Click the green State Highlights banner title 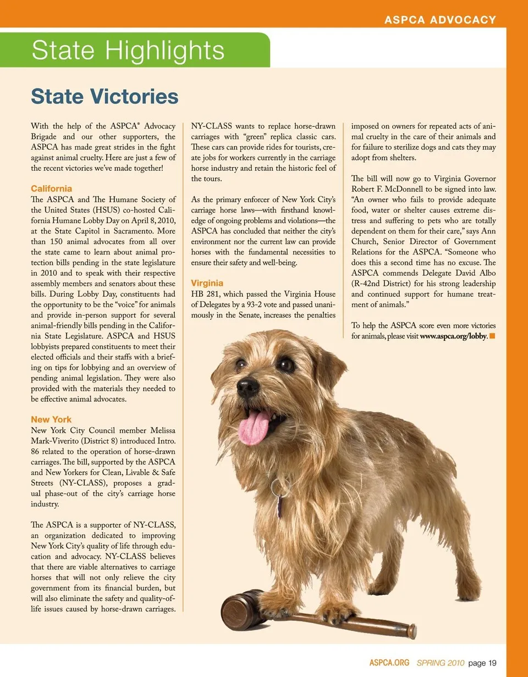(x=128, y=51)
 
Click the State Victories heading (x=105, y=97)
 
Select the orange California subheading (x=51, y=188)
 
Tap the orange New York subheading (x=51, y=419)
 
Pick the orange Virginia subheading (x=207, y=283)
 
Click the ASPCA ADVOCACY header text (x=440, y=20)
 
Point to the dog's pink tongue (x=254, y=428)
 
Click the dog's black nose (x=248, y=387)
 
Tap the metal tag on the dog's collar (x=280, y=506)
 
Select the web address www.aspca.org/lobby (x=453, y=336)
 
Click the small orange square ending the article (x=492, y=336)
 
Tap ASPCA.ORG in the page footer (x=389, y=663)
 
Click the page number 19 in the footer (x=492, y=663)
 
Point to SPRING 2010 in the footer (x=441, y=663)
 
